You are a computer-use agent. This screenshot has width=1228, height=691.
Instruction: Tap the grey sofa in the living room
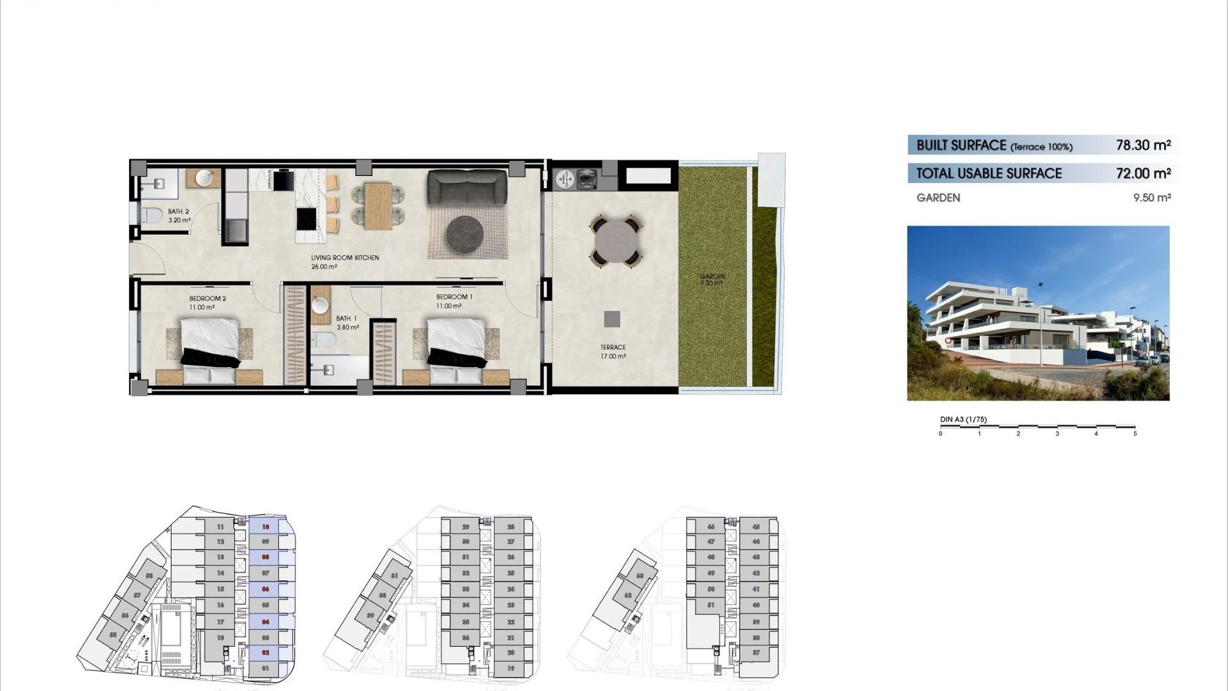tap(467, 187)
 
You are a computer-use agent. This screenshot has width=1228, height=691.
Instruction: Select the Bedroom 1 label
tap(454, 298)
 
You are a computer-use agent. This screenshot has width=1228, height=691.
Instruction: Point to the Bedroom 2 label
tap(207, 299)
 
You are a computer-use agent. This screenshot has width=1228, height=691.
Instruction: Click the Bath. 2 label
tap(178, 212)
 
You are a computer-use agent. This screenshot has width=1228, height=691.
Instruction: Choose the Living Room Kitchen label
tap(345, 258)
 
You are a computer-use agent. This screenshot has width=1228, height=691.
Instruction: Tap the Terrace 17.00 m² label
tap(613, 351)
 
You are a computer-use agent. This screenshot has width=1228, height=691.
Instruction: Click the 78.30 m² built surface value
tap(1143, 145)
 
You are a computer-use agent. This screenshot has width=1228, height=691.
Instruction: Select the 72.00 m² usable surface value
tap(1143, 173)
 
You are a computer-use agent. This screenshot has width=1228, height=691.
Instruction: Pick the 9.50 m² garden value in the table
tap(1152, 198)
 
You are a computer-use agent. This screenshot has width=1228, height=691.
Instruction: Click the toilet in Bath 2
tap(151, 216)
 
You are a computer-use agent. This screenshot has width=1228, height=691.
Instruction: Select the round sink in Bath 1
tap(320, 305)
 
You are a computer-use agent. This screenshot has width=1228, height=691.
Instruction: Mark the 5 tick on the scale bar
tap(1135, 434)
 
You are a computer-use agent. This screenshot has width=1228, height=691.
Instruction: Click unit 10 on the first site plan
tap(265, 527)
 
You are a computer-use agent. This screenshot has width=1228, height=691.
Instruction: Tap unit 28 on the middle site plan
tap(511, 527)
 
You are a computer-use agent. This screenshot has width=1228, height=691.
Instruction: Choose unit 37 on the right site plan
tap(756, 653)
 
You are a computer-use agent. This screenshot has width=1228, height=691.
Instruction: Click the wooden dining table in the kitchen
tap(377, 206)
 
